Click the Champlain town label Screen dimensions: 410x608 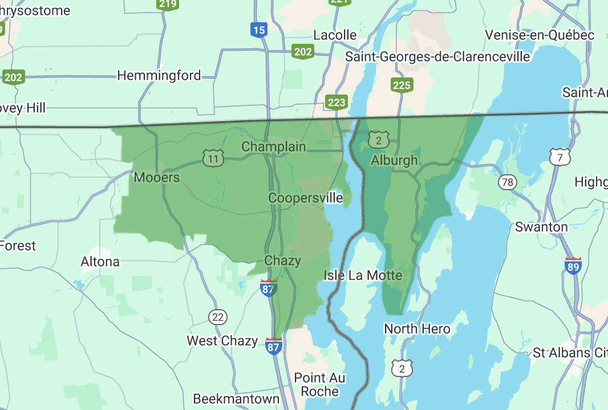coord(274,146)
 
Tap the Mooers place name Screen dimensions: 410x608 coord(157,177)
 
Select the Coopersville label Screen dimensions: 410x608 coord(306,198)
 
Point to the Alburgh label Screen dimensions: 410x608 coord(394,160)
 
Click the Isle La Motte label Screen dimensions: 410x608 coord(363,275)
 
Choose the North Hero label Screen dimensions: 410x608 coord(417,329)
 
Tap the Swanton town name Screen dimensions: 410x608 coord(541,227)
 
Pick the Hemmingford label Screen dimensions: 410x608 coord(159,75)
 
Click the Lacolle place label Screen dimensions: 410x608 coord(335,35)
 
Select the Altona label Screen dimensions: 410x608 coord(100,261)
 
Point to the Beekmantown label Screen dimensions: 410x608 coord(236,398)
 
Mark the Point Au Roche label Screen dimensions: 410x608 coord(319,384)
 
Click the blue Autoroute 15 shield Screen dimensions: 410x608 coord(259,29)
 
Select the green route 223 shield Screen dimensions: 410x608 coord(337,102)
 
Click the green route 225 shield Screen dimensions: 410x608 coord(402,85)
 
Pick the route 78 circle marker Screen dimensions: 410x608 coord(507,182)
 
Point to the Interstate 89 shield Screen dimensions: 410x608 coord(573,266)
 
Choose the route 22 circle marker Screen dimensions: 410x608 coord(218,317)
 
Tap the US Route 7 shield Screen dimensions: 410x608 coord(560,157)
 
